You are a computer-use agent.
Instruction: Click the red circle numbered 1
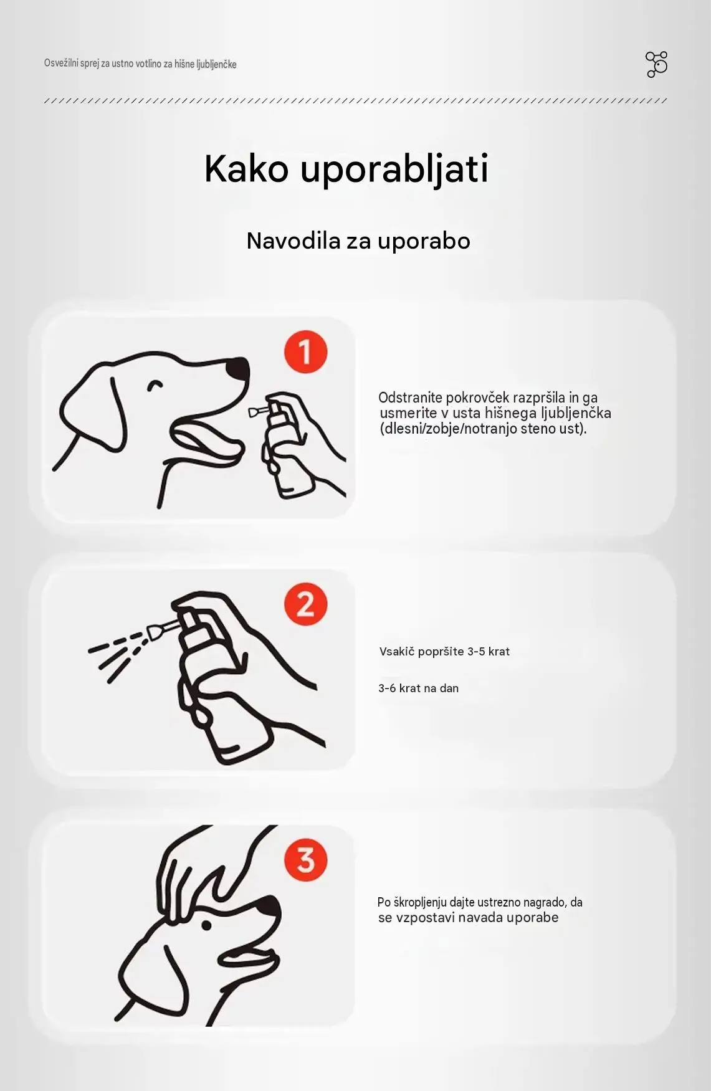tap(305, 352)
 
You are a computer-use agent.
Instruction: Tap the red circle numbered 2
tap(305, 604)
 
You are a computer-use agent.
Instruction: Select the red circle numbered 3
tap(305, 860)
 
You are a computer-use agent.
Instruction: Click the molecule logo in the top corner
tap(656, 64)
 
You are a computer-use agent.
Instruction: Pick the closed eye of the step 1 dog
tap(155, 386)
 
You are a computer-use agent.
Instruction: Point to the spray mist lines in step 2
tap(118, 654)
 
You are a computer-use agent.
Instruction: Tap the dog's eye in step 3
tap(206, 925)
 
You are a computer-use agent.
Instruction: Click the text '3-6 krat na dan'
tap(418, 688)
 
